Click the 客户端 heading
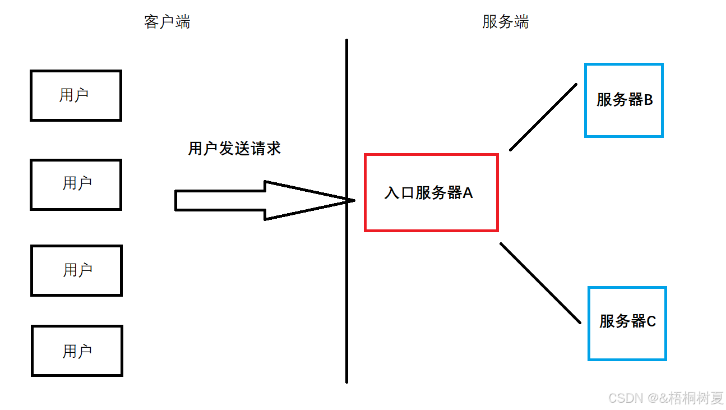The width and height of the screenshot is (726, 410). (167, 22)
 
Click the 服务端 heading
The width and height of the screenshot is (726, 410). (505, 22)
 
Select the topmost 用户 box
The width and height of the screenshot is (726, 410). (76, 95)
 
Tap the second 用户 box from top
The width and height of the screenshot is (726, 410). (76, 185)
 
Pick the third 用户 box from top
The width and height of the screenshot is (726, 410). (76, 270)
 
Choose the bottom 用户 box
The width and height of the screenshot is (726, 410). (77, 351)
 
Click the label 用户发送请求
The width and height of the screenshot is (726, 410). (234, 149)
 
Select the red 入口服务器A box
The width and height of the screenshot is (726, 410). (431, 168)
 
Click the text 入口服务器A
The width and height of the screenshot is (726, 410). (429, 193)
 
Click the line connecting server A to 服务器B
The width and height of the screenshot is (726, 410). (543, 117)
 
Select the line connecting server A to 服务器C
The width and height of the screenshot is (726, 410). (540, 283)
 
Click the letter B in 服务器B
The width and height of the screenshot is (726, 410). (648, 100)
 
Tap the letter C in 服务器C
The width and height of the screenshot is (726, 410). (651, 321)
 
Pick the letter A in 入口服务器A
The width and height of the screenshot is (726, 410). (468, 193)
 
